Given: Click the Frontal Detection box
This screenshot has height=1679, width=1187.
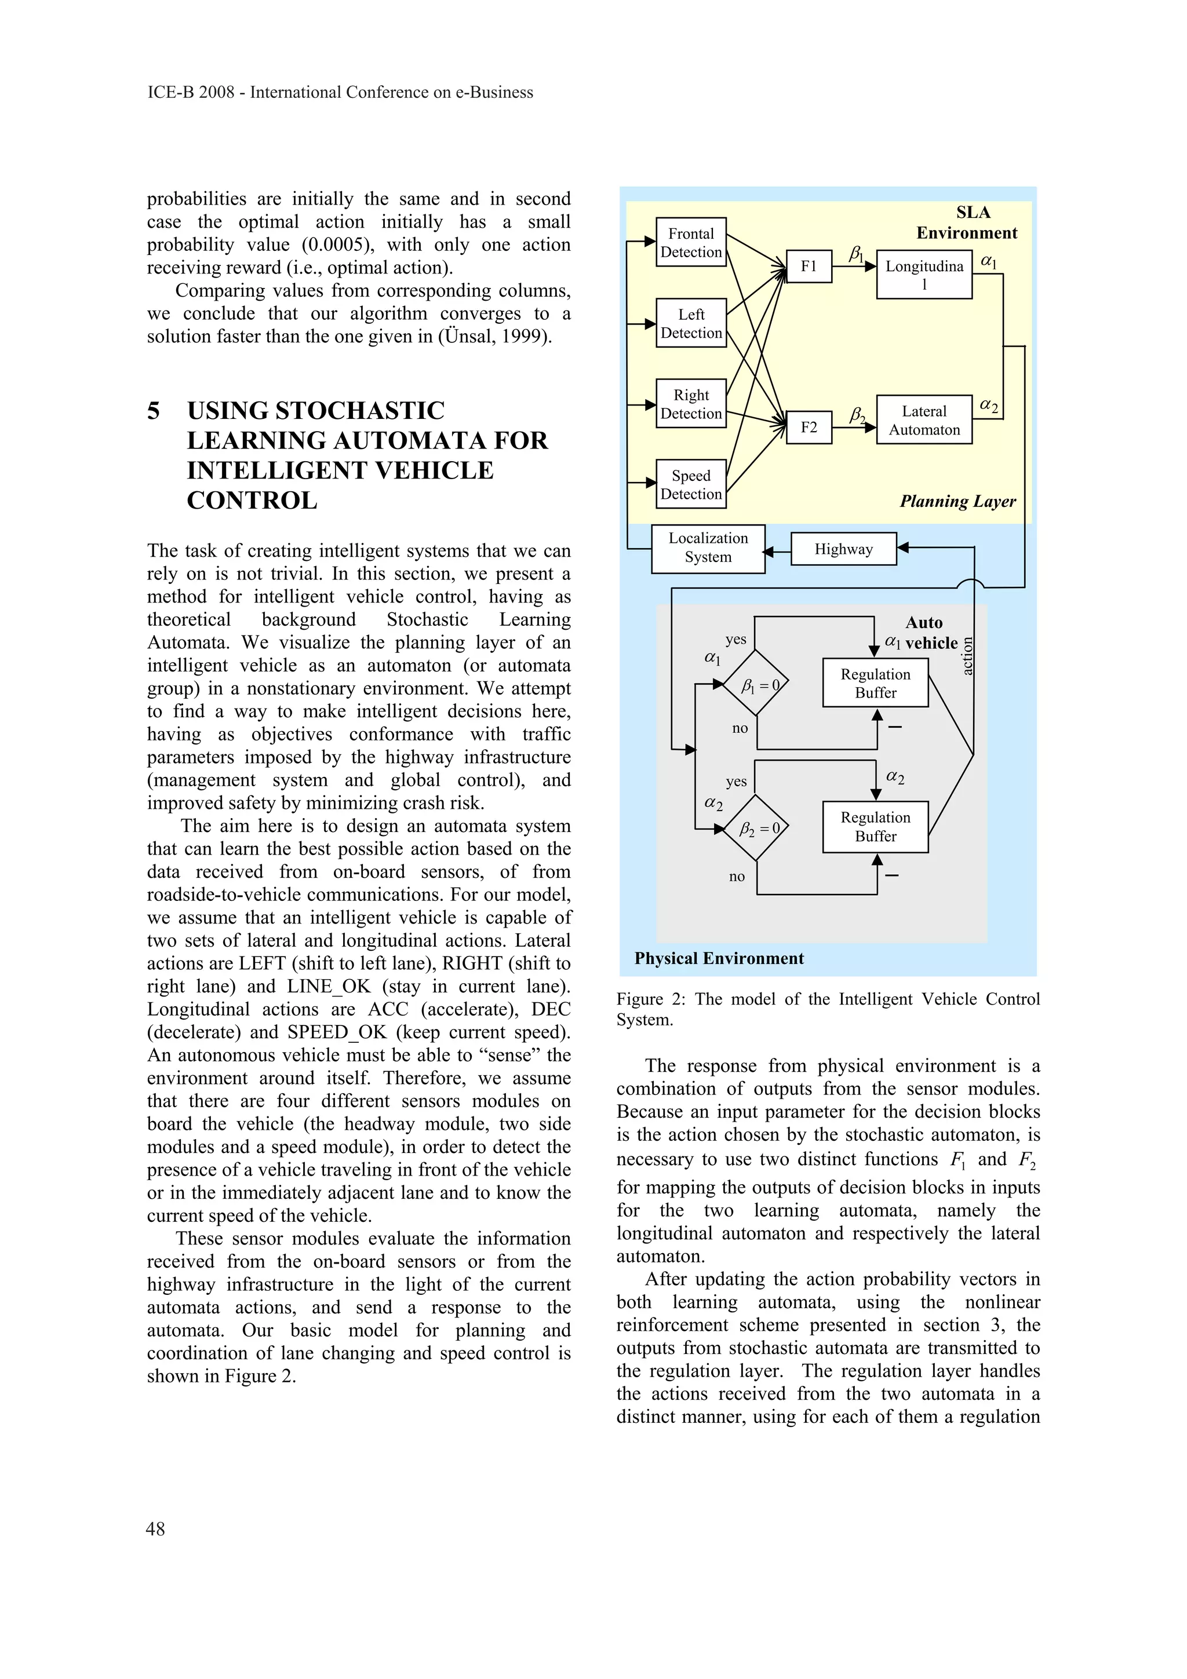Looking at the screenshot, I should [690, 242].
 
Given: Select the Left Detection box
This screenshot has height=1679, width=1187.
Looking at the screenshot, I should [690, 323].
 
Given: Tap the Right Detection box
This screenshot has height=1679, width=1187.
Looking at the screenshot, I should [690, 404].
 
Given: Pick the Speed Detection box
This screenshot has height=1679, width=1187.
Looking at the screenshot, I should [690, 484].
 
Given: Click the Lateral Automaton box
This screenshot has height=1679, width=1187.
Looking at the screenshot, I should [924, 419].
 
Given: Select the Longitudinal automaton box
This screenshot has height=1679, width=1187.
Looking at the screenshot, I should [924, 274].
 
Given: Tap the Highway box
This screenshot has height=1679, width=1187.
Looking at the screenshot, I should [843, 549].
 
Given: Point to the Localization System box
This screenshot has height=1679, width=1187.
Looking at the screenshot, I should [707, 547].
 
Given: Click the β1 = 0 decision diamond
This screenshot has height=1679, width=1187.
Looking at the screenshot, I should [756, 684].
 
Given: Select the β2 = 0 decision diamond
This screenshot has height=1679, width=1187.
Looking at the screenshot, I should [756, 828].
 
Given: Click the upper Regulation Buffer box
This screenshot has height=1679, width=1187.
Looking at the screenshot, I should [875, 683].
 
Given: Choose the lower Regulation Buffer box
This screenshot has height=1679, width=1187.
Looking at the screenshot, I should [875, 826].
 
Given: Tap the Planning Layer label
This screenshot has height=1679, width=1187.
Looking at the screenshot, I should [957, 501].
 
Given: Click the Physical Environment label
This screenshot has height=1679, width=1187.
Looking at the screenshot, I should [718, 958].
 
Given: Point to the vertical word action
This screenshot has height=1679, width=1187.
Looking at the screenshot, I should [967, 656].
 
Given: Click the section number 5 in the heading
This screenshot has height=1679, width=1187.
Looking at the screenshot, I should [154, 410].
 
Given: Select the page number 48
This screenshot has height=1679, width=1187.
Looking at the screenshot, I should [155, 1528].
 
